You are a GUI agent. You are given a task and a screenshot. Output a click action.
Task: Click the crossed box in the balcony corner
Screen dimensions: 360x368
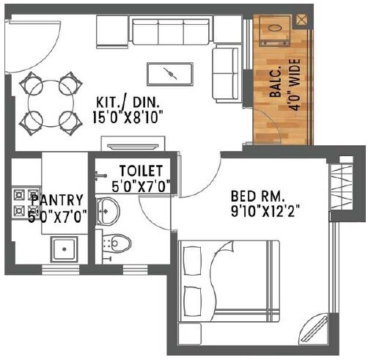tap(301, 21)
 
